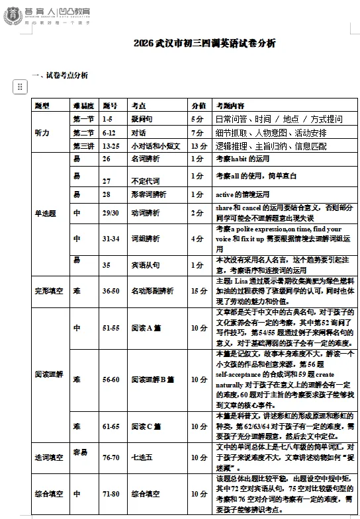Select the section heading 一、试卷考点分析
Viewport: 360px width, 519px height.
60,75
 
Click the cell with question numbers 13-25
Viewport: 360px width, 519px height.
112,145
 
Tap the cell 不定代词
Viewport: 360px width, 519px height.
144,180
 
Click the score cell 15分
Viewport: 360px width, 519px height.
199,290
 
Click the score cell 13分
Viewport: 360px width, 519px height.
199,145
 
